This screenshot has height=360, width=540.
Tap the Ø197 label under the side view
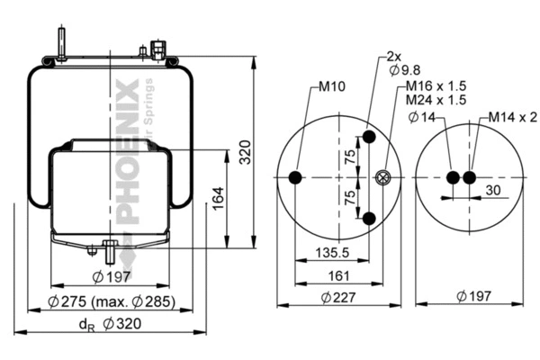click(x=112, y=277)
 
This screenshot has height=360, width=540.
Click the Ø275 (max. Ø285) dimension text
click(x=111, y=301)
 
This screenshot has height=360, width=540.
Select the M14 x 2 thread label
click(x=513, y=118)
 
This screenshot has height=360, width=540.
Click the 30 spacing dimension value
click(x=493, y=191)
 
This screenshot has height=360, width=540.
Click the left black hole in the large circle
click(x=296, y=177)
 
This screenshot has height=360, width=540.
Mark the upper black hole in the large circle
click(x=369, y=138)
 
